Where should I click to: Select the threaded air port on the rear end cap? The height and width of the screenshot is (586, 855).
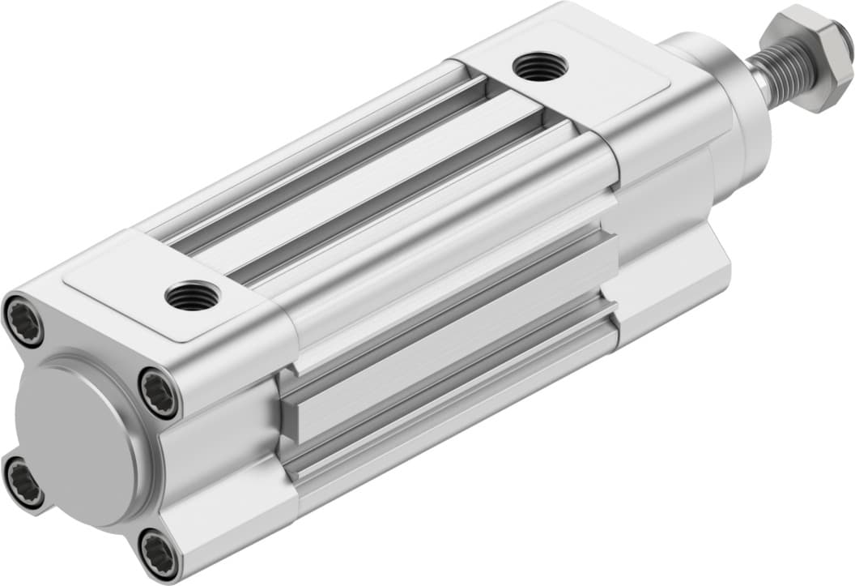point(191,297)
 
